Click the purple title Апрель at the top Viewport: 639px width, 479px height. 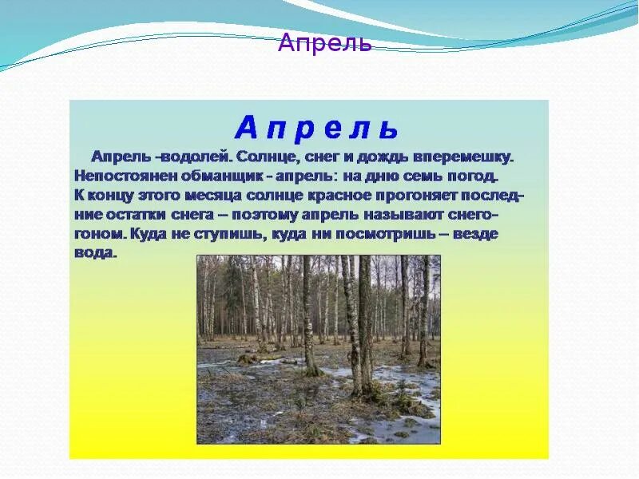coord(324,43)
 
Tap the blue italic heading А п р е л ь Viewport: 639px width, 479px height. coord(316,128)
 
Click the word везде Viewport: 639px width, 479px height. coord(477,236)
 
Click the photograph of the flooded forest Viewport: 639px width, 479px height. coord(318,350)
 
